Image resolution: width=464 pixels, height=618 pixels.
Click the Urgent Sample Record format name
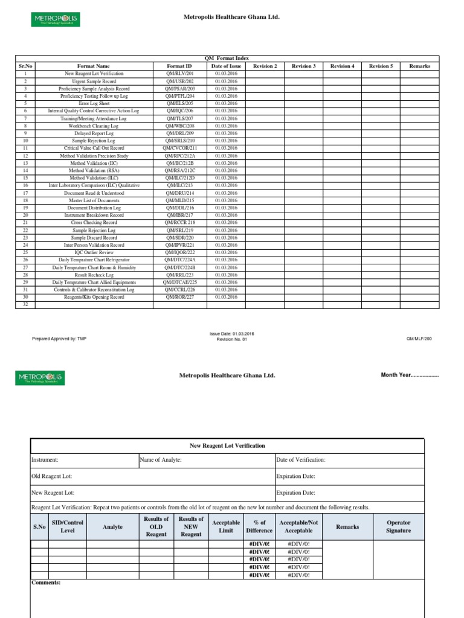coord(94,81)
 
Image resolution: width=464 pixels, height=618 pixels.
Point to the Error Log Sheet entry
coord(94,103)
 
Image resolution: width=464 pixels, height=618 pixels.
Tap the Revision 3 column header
coord(304,66)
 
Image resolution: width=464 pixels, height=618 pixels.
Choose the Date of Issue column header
coord(227,66)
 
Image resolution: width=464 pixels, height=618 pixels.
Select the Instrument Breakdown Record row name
coord(94,215)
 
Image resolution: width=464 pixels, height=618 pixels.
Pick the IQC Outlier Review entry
coord(94,253)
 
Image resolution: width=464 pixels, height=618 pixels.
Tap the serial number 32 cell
coord(25,305)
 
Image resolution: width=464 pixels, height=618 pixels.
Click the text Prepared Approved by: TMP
coord(59,339)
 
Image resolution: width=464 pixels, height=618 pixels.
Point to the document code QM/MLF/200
coord(419,339)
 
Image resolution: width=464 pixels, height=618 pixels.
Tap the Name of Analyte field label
coord(161,460)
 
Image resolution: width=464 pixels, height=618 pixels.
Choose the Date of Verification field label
coord(301,460)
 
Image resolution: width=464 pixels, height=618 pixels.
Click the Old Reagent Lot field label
coord(52,476)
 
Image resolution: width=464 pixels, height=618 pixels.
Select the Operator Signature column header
coord(398,527)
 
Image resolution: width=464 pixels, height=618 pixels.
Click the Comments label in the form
coord(46,583)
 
